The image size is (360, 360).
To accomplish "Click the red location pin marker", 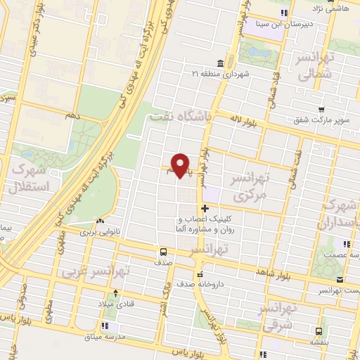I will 181,165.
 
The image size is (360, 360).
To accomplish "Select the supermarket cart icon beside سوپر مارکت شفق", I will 321,109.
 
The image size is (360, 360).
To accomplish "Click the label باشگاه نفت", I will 180,119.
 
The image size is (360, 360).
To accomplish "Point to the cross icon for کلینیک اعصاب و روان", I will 205,208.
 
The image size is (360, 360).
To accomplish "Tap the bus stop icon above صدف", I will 163,251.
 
